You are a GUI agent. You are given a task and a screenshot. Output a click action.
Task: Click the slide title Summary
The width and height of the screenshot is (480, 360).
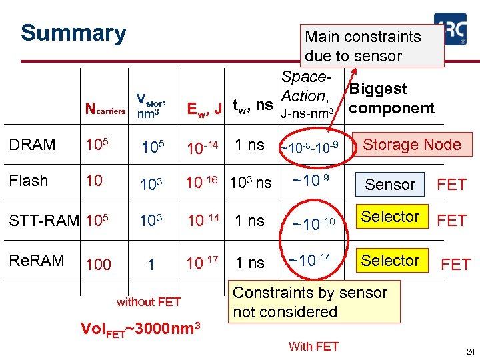[x=73, y=33]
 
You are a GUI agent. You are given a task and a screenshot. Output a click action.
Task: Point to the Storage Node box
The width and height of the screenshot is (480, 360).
[x=411, y=145]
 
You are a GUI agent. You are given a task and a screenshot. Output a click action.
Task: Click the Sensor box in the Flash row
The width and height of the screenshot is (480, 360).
[x=390, y=184]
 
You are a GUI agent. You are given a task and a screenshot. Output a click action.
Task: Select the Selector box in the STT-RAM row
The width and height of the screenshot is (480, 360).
[x=390, y=217]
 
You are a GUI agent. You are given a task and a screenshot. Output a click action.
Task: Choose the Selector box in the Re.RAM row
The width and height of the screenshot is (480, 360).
[x=390, y=261]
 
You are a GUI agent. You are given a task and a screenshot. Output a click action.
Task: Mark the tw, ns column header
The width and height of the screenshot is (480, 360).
[x=252, y=105]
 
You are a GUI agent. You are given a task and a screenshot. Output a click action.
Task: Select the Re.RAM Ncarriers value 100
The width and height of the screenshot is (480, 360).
[x=99, y=265]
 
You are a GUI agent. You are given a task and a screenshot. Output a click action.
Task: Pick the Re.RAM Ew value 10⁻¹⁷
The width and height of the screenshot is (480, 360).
[x=203, y=263]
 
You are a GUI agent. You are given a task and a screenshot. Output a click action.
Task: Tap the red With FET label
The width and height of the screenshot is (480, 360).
[x=313, y=346]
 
